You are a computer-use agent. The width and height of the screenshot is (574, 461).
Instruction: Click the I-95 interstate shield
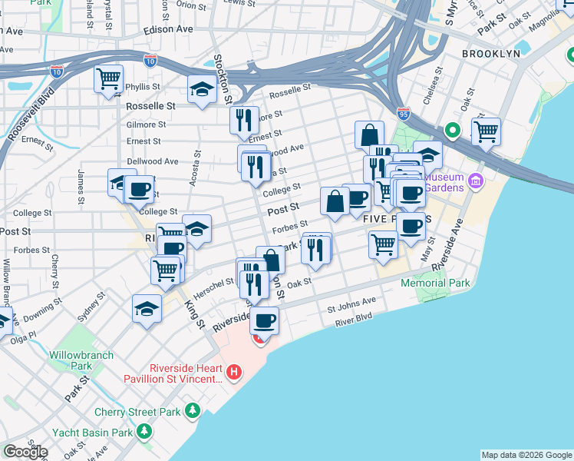click(x=404, y=112)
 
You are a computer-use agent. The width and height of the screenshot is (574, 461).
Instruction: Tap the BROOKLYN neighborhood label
click(x=491, y=54)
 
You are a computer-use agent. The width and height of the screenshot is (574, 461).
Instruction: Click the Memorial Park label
click(x=435, y=284)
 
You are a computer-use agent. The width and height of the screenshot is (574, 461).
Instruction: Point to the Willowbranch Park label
click(x=81, y=360)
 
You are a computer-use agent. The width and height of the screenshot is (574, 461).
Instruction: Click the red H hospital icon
click(x=234, y=373)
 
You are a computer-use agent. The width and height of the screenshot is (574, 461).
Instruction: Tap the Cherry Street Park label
click(x=138, y=412)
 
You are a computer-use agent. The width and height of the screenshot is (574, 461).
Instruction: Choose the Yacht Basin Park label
click(x=89, y=433)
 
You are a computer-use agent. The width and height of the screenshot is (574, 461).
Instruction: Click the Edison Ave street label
click(x=168, y=29)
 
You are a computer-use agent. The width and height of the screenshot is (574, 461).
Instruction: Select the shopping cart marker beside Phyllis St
click(x=108, y=78)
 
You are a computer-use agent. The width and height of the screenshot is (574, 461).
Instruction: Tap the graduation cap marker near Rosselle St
click(x=202, y=89)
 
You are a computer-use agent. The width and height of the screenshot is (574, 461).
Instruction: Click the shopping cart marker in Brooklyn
click(x=486, y=131)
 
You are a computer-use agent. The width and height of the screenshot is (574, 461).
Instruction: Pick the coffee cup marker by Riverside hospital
click(x=265, y=320)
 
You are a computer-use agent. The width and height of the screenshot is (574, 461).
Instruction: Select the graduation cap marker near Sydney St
click(x=147, y=309)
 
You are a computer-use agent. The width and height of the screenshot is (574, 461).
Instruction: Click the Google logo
click(x=25, y=452)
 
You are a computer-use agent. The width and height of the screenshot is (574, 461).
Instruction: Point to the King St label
click(x=194, y=313)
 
